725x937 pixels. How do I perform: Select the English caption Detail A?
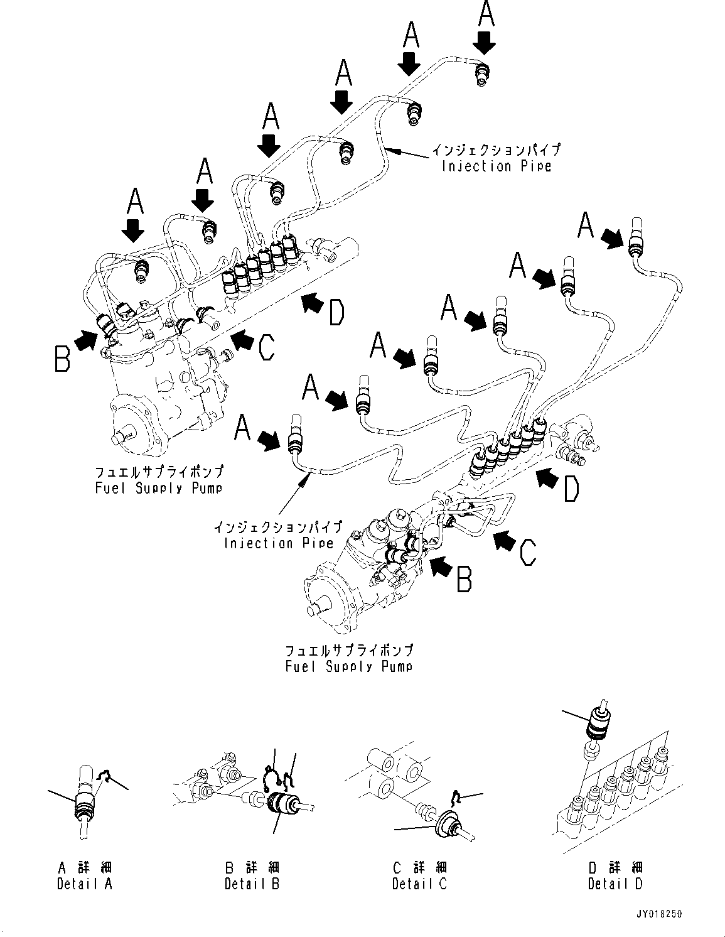tap(85, 884)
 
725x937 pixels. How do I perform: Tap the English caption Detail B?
tap(252, 884)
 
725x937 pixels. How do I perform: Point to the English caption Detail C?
tap(419, 884)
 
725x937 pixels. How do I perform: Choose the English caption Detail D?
tap(615, 884)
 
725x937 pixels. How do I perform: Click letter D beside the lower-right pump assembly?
tap(571, 489)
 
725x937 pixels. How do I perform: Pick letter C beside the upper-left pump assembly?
tap(266, 347)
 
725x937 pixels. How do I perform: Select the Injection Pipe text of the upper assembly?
tap(496, 166)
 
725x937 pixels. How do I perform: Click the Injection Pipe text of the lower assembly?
tap(277, 543)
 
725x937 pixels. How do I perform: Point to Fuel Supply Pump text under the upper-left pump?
tap(158, 487)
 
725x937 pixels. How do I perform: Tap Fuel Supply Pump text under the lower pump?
tap(349, 666)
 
